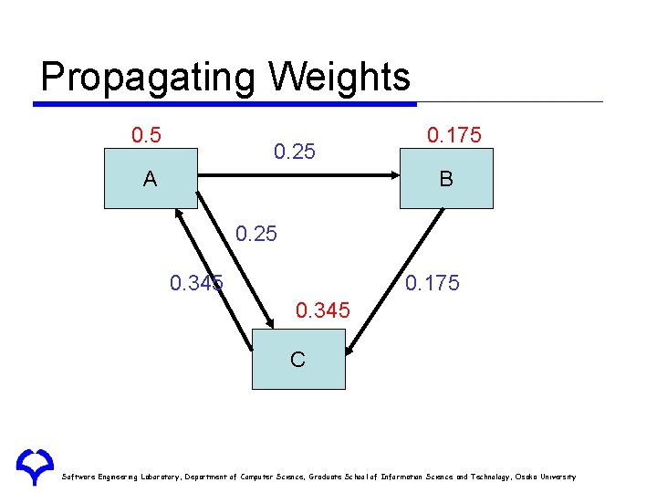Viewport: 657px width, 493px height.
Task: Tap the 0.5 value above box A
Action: [146, 136]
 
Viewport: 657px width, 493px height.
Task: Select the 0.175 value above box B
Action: [454, 136]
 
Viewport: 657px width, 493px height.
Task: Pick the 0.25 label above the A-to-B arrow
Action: [295, 152]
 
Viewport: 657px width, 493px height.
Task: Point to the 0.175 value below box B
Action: [433, 283]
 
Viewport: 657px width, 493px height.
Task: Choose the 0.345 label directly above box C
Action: [322, 311]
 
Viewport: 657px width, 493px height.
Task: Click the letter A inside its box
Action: [150, 180]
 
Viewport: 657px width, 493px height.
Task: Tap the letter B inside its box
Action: [445, 180]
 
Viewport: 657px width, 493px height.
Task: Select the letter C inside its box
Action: [297, 359]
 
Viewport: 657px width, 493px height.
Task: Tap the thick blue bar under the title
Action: [224, 104]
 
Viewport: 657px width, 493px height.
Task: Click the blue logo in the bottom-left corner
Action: [34, 466]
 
